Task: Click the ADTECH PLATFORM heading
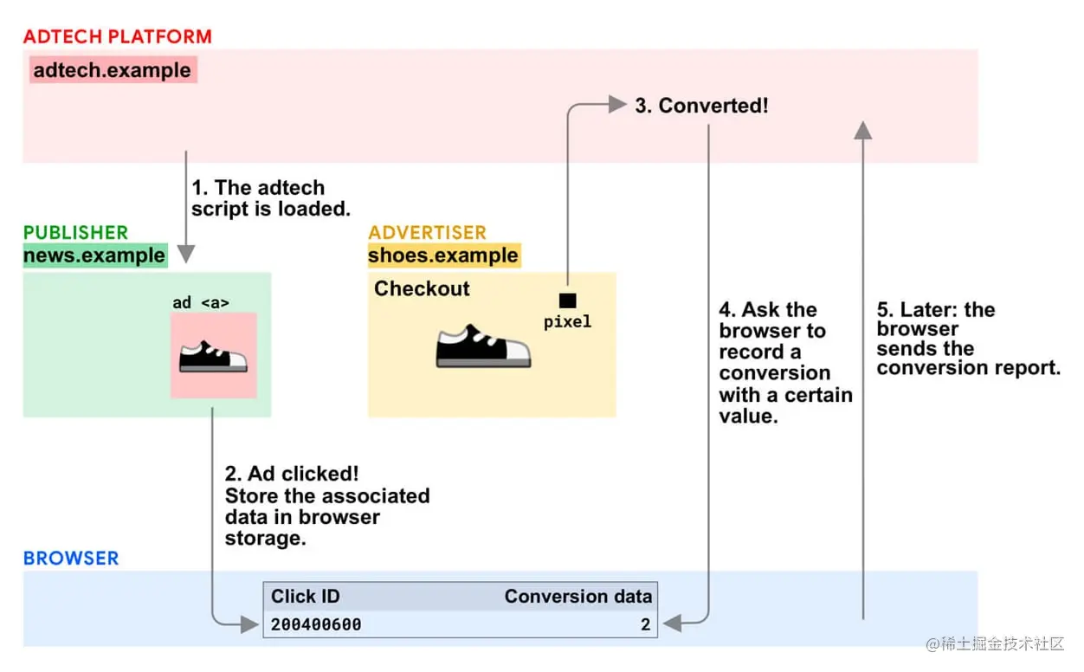[118, 36]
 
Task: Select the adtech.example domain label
[113, 70]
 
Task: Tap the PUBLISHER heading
[75, 232]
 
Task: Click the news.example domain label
[95, 255]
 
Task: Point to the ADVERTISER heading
[428, 232]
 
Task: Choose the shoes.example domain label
[443, 255]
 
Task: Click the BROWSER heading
[71, 559]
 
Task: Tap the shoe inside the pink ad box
[213, 356]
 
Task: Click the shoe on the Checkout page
[483, 346]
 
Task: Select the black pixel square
[568, 300]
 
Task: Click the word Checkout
[422, 288]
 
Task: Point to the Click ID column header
[306, 596]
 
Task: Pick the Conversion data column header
[578, 596]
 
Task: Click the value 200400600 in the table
[316, 624]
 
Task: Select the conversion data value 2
[646, 624]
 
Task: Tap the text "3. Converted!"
[701, 106]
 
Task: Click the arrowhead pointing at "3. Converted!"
[617, 104]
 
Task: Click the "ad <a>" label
[201, 303]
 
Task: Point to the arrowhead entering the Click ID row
[249, 624]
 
